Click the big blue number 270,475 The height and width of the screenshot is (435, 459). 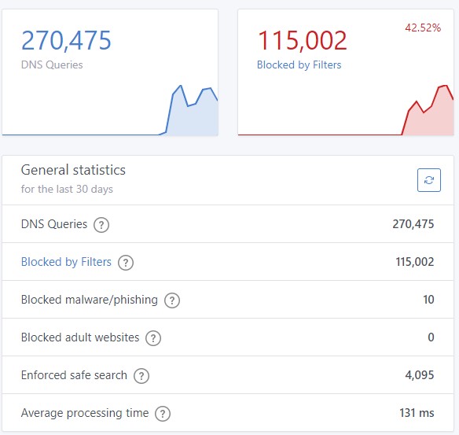pos(66,40)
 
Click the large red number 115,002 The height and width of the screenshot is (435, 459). pos(302,40)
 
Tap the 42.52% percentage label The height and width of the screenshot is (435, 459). pos(423,28)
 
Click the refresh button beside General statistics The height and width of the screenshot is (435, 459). pos(429,180)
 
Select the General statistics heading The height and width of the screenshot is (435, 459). pos(73,170)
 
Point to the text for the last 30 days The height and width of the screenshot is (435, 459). pos(67,190)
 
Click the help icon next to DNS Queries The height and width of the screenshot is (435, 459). pos(101,225)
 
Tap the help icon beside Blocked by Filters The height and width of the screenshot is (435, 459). pos(126,263)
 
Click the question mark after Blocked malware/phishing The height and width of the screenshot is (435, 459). pos(172,300)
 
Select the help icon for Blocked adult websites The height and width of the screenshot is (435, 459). pos(153,338)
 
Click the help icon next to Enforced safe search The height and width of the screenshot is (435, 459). pos(141,376)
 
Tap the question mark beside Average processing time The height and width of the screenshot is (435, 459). pos(163,414)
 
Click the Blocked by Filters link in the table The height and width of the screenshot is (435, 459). pos(66,262)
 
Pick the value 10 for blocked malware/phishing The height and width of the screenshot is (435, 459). pos(428,300)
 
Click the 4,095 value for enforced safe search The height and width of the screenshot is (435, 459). pos(420,375)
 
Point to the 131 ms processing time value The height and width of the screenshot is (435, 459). pos(417,413)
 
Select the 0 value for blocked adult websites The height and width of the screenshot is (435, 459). pos(431,337)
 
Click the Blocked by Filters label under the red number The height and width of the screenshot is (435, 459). pos(299,65)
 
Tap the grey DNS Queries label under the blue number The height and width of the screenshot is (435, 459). pos(52,65)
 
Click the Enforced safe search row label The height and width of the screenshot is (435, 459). pos(74,375)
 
